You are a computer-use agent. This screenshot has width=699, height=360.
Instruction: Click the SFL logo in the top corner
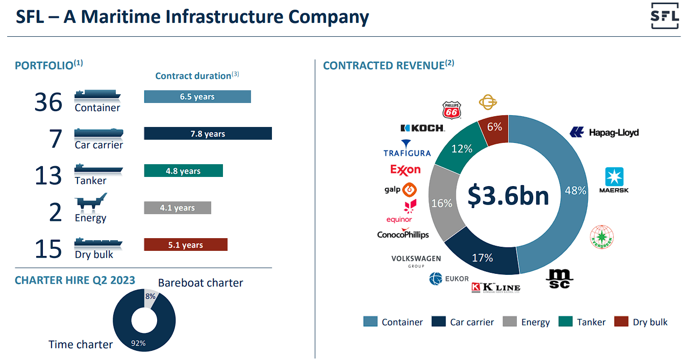pyautogui.click(x=665, y=16)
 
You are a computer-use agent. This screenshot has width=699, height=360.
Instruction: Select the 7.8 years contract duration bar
pyautogui.click(x=208, y=134)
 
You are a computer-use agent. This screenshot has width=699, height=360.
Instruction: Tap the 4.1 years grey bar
pyautogui.click(x=177, y=208)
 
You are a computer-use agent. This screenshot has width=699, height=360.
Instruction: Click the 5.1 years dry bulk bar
pyautogui.click(x=186, y=245)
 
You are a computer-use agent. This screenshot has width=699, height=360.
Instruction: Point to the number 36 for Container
pyautogui.click(x=48, y=102)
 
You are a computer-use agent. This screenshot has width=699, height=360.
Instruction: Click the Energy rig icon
pyautogui.click(x=91, y=202)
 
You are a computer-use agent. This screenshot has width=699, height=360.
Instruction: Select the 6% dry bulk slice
pyautogui.click(x=494, y=127)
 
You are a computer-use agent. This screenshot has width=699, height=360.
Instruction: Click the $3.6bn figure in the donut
pyautogui.click(x=508, y=196)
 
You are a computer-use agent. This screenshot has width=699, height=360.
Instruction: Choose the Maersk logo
pyautogui.click(x=616, y=180)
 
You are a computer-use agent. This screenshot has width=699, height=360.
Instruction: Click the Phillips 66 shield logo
pyautogui.click(x=452, y=110)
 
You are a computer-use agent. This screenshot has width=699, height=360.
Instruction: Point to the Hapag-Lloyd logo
pyautogui.click(x=604, y=133)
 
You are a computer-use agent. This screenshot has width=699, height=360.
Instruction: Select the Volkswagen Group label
pyautogui.click(x=416, y=261)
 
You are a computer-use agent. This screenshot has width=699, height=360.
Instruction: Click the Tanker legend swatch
pyautogui.click(x=565, y=322)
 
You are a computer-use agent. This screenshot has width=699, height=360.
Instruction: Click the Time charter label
pyautogui.click(x=81, y=345)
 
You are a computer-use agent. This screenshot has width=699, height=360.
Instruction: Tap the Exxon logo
pyautogui.click(x=405, y=169)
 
